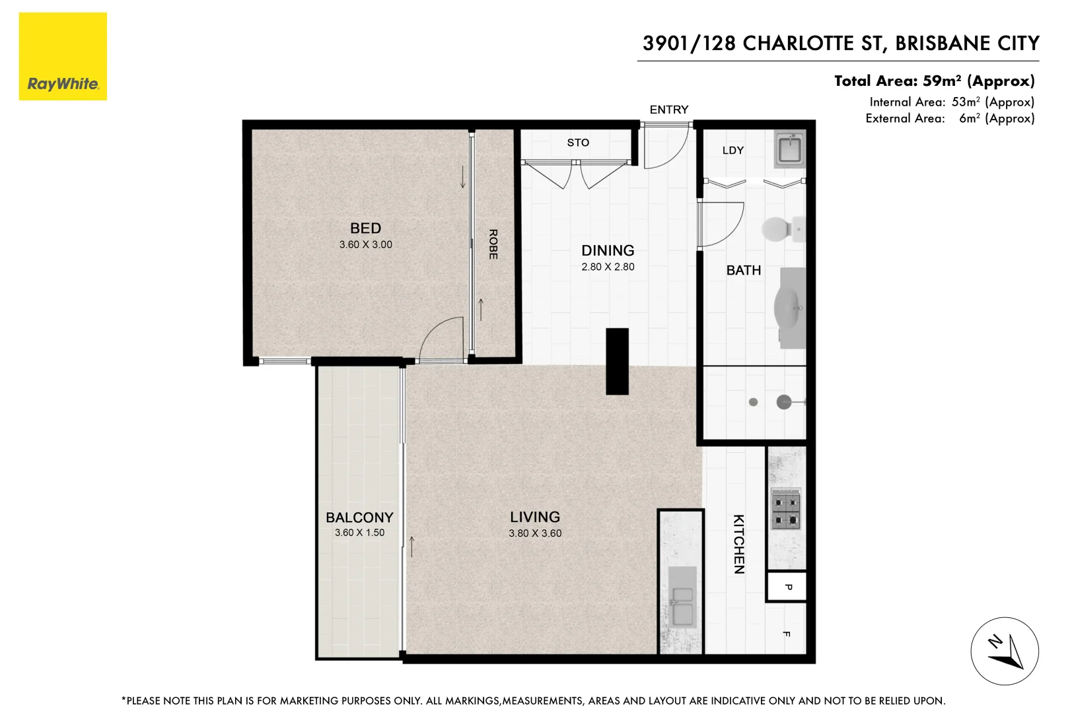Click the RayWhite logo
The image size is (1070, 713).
tap(63, 57)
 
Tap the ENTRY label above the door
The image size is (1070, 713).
tap(668, 110)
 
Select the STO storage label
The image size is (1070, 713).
tap(578, 143)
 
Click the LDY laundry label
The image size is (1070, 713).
tap(732, 151)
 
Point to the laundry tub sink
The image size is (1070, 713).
tap(789, 149)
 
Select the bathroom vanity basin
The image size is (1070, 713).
tap(790, 307)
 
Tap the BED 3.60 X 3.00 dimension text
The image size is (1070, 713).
tap(365, 245)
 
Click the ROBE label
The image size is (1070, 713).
tap(493, 244)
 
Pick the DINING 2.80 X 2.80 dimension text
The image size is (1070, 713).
tap(608, 267)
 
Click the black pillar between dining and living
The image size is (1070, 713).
tap(617, 361)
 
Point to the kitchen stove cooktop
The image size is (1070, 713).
tap(786, 510)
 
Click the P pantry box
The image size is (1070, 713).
tap(787, 587)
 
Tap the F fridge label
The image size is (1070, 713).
tap(786, 634)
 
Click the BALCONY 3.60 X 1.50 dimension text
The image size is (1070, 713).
tap(359, 533)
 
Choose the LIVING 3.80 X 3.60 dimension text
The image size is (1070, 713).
tap(535, 533)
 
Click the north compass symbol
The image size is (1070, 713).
tap(1004, 651)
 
